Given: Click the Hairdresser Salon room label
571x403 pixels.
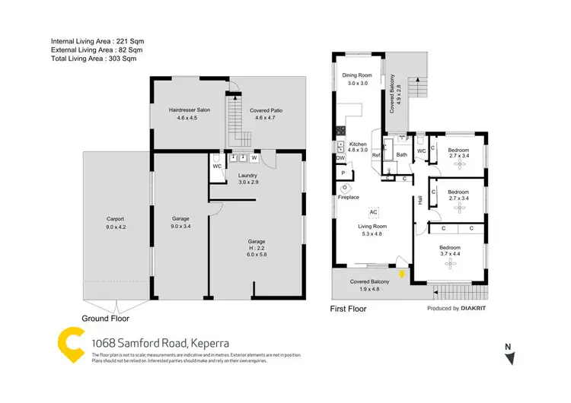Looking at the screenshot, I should (x=189, y=111).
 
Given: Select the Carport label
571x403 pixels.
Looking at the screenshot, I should (x=116, y=219).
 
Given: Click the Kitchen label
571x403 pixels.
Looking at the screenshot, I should (x=358, y=144).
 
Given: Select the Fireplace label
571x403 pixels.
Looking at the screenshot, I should (x=349, y=197).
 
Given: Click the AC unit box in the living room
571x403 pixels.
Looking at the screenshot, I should (x=374, y=211).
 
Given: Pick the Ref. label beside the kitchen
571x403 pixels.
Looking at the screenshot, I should (x=375, y=155).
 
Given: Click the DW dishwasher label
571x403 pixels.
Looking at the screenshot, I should (x=340, y=157).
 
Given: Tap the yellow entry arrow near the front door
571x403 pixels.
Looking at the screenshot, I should (x=401, y=272).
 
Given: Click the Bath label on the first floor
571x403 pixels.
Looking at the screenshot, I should (x=401, y=155).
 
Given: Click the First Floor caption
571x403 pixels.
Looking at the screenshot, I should (x=348, y=309).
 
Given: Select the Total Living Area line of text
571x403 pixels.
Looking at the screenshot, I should (x=93, y=58).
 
